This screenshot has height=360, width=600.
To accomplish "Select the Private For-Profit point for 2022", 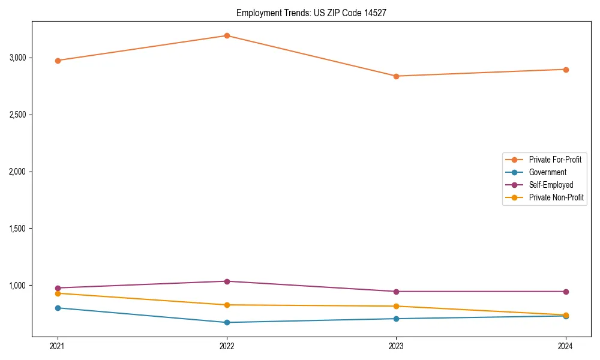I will (227, 35).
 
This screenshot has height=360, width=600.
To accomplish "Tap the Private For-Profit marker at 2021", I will (58, 61).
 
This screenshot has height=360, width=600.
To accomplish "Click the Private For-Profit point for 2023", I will (396, 76).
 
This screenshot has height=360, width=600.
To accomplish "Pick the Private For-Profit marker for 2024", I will (566, 70).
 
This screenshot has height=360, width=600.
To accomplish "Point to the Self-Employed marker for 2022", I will (227, 281).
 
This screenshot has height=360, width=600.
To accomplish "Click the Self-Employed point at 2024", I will (566, 292).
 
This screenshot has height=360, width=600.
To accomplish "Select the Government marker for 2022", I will (227, 322).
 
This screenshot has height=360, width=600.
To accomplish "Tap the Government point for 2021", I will (58, 308).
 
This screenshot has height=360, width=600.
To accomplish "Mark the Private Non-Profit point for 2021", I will (58, 293).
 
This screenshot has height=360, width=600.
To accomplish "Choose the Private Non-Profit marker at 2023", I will (396, 306).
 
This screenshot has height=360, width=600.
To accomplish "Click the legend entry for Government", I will (547, 172).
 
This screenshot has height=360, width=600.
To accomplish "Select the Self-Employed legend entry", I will (551, 185).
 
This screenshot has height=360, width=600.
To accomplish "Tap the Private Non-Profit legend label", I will (556, 197).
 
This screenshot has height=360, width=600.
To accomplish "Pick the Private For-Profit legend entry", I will (555, 160).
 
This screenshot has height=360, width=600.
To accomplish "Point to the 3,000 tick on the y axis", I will (18, 58).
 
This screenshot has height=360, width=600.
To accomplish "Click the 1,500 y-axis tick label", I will (18, 229).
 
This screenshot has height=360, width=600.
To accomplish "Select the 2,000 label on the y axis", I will (18, 172).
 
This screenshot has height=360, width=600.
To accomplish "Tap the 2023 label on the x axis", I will (396, 346).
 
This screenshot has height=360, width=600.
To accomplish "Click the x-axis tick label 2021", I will (58, 346).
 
